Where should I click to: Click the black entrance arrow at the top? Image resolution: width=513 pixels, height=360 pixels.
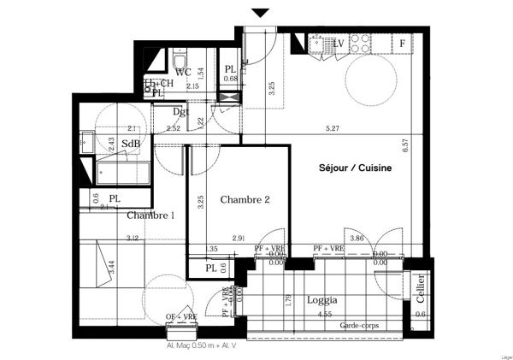(261, 13)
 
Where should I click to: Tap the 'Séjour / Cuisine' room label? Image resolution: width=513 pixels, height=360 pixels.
(356, 168)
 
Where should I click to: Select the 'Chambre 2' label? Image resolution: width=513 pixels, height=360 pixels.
(245, 200)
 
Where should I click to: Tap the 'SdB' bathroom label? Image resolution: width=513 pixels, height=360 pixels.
(131, 144)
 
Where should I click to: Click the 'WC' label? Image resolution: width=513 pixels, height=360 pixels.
(183, 73)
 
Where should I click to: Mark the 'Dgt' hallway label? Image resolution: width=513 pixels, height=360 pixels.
(180, 111)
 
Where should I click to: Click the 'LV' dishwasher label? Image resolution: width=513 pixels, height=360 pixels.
(338, 42)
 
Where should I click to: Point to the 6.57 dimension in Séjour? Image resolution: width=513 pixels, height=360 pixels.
(406, 146)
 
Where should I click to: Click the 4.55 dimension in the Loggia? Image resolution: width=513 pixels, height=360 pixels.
(325, 315)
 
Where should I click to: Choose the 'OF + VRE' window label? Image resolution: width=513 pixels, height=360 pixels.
(180, 318)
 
